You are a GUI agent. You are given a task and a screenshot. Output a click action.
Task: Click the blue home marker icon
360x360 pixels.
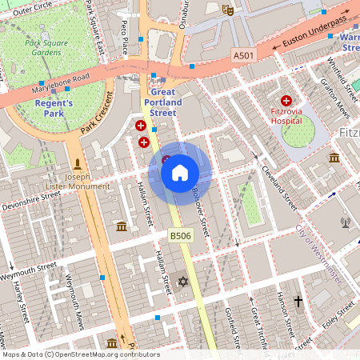coord(179,173)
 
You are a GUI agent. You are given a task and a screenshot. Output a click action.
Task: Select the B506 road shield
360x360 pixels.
coord(179,235)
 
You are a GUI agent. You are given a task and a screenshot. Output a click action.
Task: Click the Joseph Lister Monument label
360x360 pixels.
coord(78,181)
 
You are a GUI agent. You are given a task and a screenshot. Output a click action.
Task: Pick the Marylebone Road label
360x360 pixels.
coord(58,85)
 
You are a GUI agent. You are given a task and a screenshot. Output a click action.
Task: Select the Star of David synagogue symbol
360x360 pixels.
coord(182,282)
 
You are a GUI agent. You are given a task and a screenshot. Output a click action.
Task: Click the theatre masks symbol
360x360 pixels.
coord(228,10)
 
